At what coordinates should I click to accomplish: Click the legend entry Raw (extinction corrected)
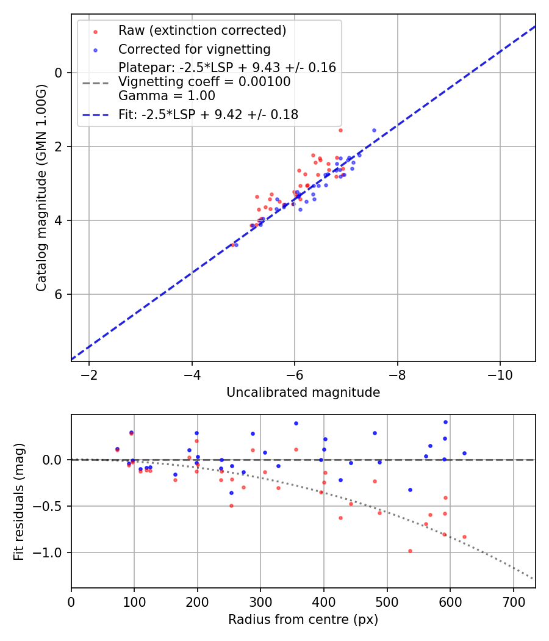202,31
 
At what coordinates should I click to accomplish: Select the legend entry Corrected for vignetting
194,49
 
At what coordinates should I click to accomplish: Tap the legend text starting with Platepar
227,68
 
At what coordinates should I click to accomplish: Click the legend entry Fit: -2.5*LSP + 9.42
208,114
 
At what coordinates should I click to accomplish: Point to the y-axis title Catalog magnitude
41,187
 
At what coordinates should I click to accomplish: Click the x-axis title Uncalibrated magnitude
303,393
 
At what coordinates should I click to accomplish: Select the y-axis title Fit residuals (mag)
19,501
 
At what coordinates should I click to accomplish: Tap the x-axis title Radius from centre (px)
303,620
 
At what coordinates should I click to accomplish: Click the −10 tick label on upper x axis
500,372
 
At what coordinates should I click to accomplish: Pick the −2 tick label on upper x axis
89,372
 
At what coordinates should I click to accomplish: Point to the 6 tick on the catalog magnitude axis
59,294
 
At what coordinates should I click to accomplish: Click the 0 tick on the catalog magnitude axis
59,73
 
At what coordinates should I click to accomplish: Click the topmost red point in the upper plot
340,130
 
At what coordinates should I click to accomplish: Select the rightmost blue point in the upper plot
374,130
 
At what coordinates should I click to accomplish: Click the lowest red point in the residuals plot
410,551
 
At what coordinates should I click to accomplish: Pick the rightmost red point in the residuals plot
464,537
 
